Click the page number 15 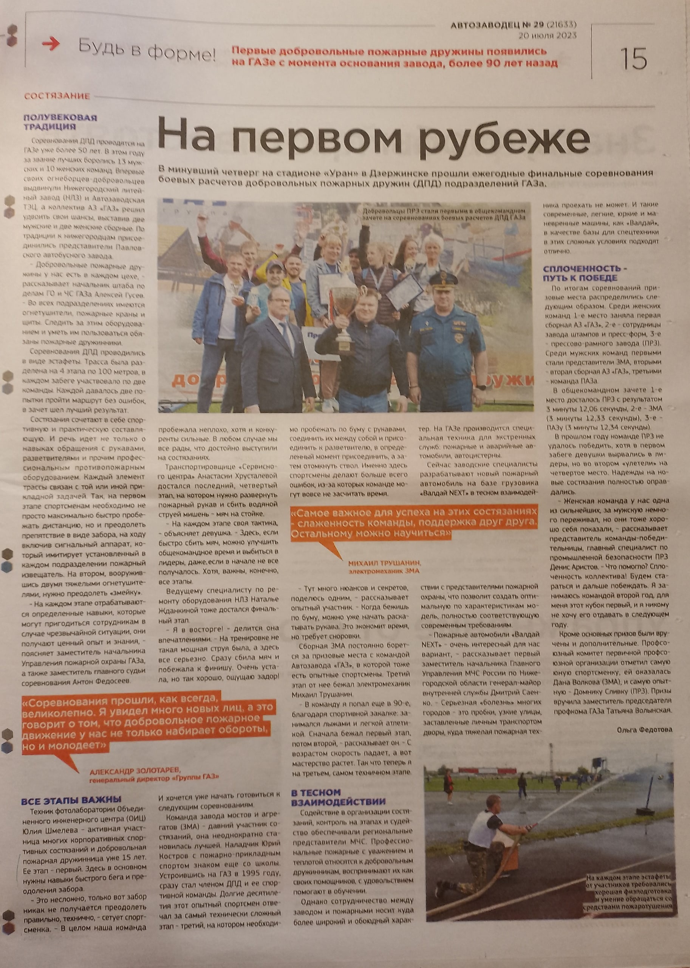tap(633, 59)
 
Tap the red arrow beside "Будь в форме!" tap(51, 44)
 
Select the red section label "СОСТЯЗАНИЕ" tap(57, 96)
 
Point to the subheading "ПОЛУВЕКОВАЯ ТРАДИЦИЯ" tap(60, 122)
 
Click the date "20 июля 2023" tap(548, 35)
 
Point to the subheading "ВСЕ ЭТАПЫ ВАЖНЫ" tap(71, 800)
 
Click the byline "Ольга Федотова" tap(645, 729)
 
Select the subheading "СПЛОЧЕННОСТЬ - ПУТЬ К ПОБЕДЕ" tap(585, 273)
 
